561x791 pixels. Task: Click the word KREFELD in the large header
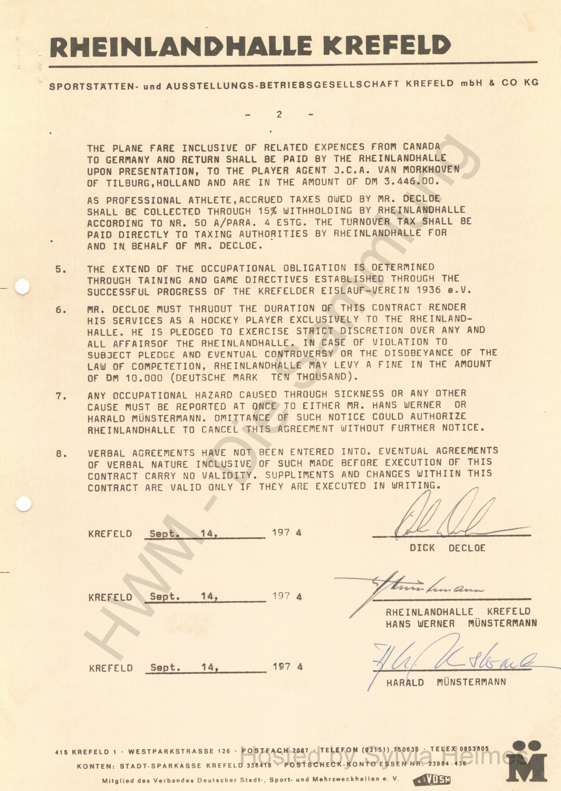pos(388,46)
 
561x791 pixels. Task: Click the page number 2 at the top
pos(279,114)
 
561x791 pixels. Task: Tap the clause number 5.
pos(61,269)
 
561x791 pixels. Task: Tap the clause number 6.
pos(61,310)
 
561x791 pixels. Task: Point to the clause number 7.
pos(61,395)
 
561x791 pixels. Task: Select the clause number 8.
pos(61,453)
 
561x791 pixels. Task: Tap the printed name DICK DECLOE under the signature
pos(447,548)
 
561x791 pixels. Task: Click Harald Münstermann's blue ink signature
pos(448,659)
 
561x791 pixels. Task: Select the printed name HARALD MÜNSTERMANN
pos(446,682)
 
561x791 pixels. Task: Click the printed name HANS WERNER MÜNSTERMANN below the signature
pos(461,623)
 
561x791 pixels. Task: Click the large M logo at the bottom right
pos(527,761)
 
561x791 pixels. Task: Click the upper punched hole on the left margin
pos(22,287)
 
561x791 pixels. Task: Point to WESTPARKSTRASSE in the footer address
pos(171,751)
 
